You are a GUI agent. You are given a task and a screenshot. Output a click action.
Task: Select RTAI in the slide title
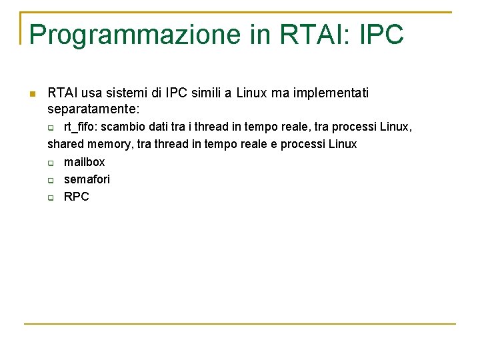pyautogui.click(x=309, y=35)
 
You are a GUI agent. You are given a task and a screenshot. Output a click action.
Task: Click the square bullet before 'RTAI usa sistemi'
pyautogui.click(x=31, y=93)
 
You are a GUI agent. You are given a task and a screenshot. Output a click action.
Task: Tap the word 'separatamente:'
pyautogui.click(x=93, y=108)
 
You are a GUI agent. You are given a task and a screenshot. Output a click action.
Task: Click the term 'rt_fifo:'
pyautogui.click(x=81, y=127)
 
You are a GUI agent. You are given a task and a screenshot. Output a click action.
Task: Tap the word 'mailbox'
pyautogui.click(x=84, y=162)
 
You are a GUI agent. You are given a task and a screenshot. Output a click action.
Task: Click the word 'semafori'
pyautogui.click(x=87, y=179)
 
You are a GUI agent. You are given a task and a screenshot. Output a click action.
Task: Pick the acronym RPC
pyautogui.click(x=76, y=197)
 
